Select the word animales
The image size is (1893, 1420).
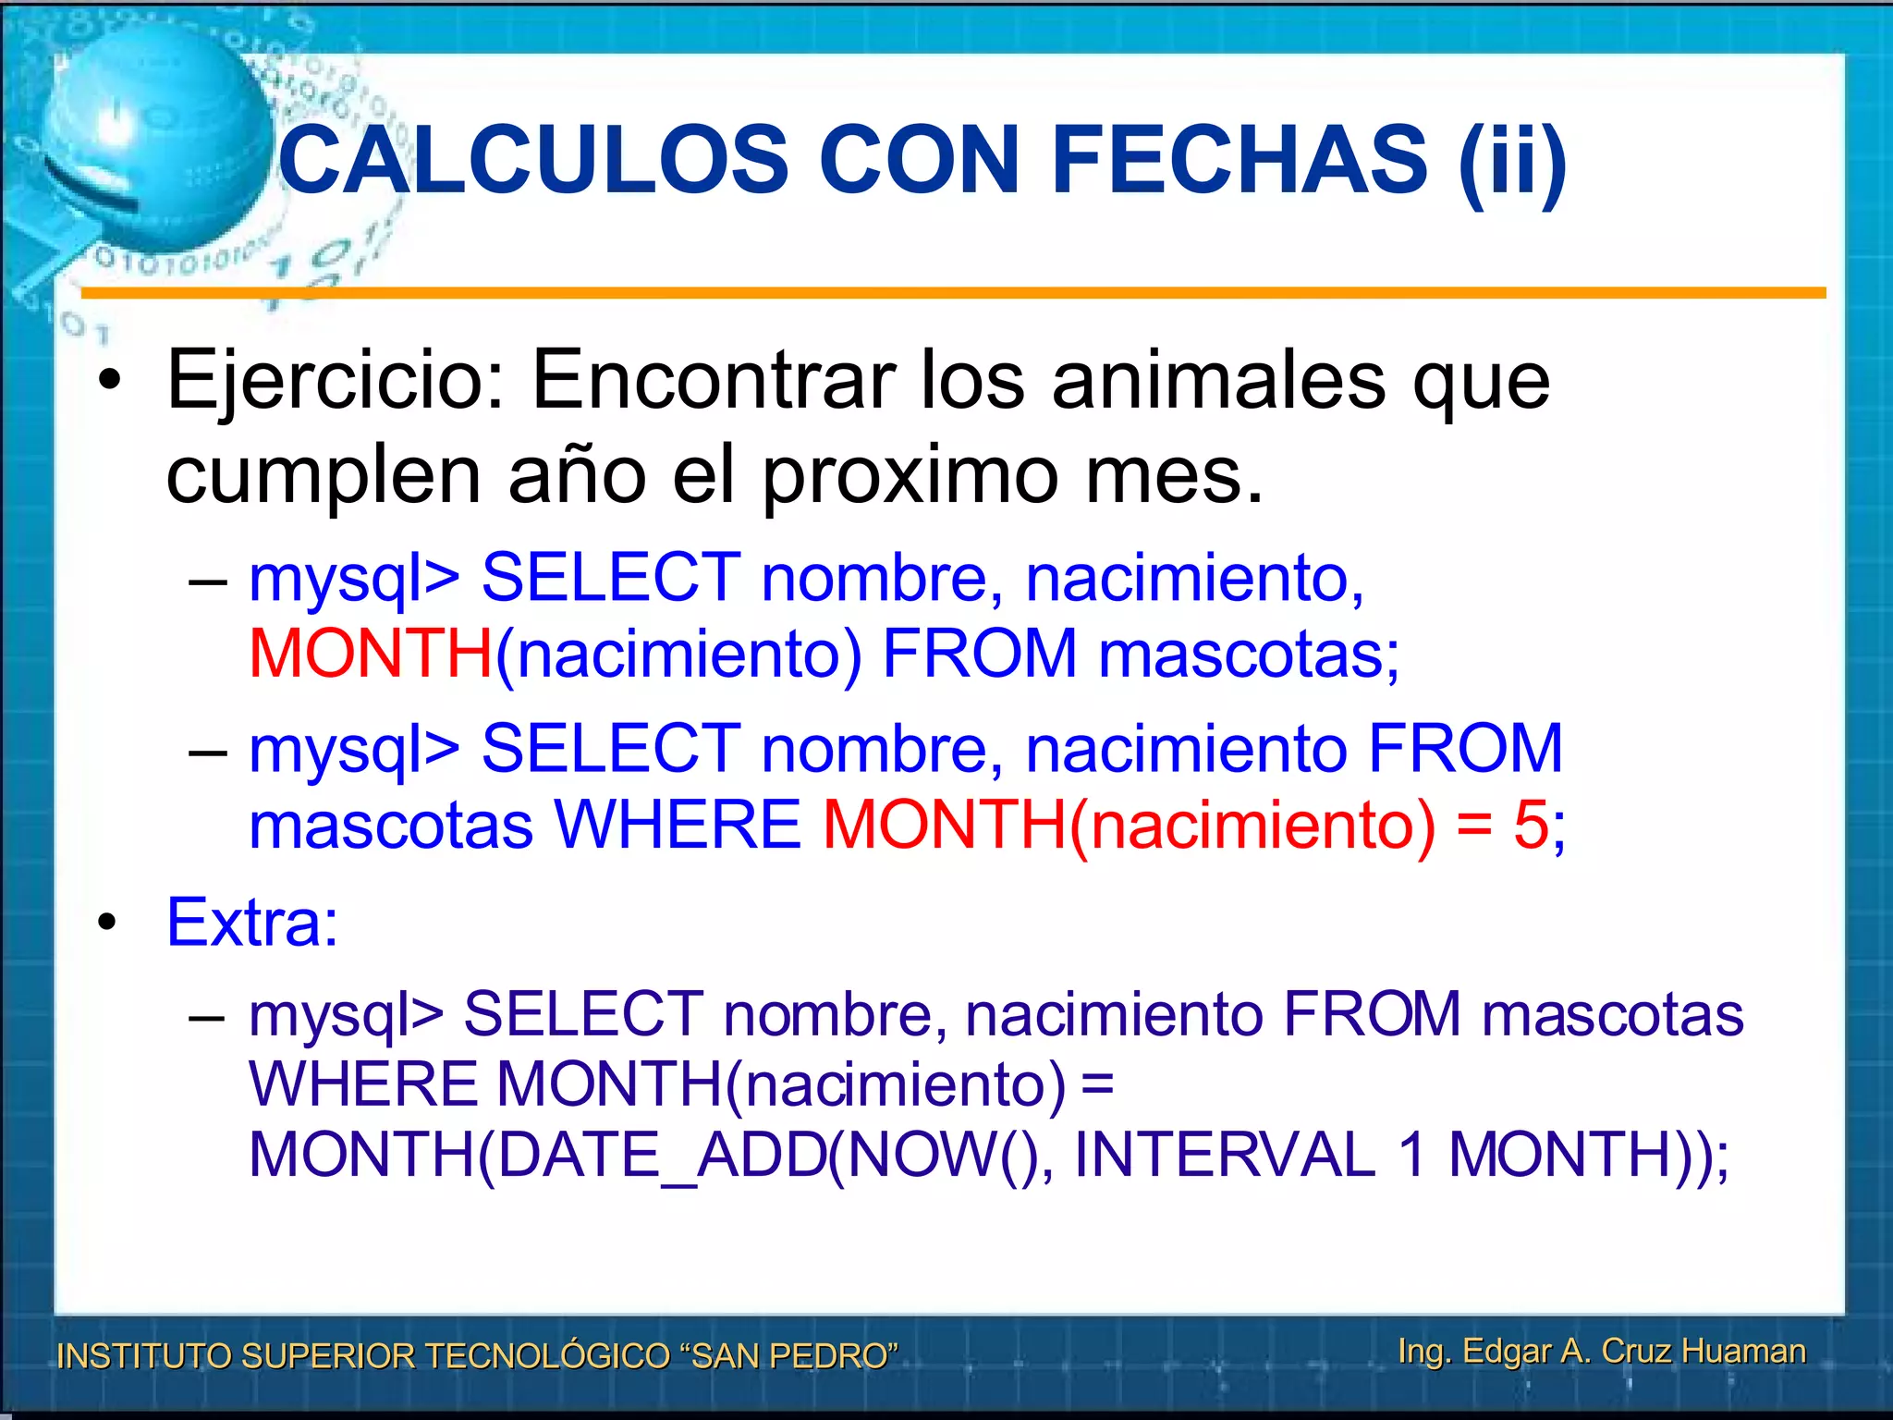(1218, 380)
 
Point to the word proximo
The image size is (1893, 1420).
(910, 475)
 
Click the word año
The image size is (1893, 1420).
(577, 475)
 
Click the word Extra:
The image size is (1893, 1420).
(252, 922)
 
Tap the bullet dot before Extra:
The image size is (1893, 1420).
(108, 922)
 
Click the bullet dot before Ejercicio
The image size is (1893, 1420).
(111, 380)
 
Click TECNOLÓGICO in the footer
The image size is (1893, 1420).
(544, 1355)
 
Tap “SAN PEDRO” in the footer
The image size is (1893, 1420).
(788, 1355)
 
